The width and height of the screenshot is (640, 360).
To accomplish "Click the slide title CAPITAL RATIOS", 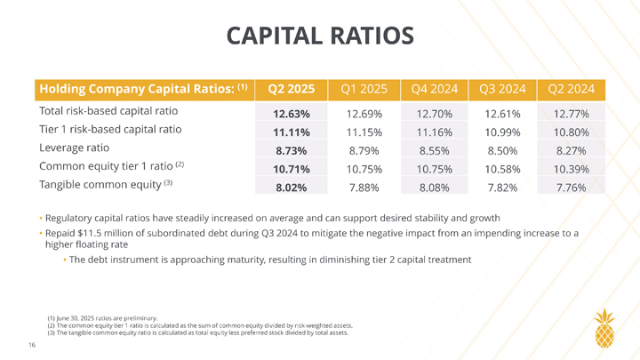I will tap(320, 36).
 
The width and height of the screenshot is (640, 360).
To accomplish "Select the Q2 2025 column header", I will tap(291, 89).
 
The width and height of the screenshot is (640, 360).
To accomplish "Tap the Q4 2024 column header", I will tap(434, 89).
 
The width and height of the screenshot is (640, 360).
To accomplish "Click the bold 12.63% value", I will tap(291, 114).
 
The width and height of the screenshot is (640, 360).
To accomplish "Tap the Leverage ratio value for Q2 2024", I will tap(572, 150).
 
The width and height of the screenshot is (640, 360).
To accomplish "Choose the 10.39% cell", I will tap(572, 168).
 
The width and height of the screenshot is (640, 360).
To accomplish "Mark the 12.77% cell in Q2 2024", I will tap(572, 114).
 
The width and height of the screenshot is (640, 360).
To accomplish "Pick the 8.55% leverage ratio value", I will tap(434, 150).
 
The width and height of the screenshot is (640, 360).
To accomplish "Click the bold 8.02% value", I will tap(291, 187).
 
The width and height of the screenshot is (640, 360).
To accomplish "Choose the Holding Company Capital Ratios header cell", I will tap(142, 89).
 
